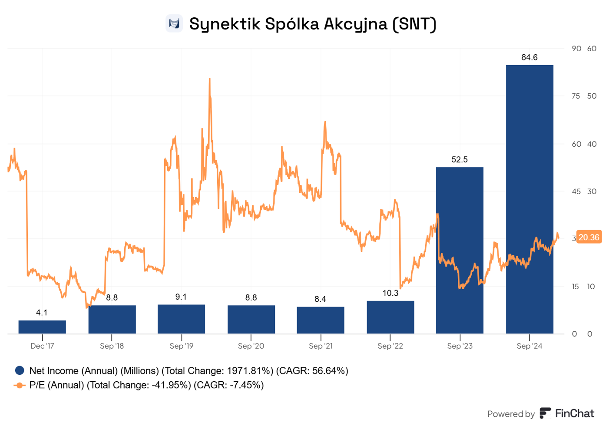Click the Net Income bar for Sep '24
tap(529, 199)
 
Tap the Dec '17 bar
tap(42, 327)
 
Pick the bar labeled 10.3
tap(390, 317)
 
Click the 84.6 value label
tap(529, 57)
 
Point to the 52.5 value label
tap(460, 159)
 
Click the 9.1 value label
tap(181, 297)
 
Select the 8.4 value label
tap(321, 299)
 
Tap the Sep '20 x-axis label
tap(251, 346)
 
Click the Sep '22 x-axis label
tap(390, 346)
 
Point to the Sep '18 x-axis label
tap(112, 346)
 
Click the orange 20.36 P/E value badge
tap(589, 237)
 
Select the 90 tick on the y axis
tap(576, 49)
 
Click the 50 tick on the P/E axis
tap(592, 96)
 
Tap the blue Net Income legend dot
tap(20, 370)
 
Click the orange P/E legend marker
tap(20, 385)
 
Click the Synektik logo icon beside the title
tap(174, 23)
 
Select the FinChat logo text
tap(574, 413)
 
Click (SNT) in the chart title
tap(414, 24)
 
